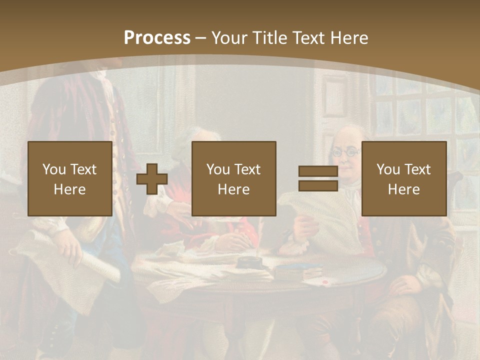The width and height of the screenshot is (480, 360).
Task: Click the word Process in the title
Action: pyautogui.click(x=157, y=38)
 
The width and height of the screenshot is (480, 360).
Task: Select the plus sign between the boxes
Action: pyautogui.click(x=152, y=179)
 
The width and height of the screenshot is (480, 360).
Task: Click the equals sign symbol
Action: pyautogui.click(x=318, y=179)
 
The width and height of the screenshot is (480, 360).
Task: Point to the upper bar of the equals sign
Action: pyautogui.click(x=318, y=171)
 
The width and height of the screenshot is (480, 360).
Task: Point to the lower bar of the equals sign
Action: pyautogui.click(x=318, y=186)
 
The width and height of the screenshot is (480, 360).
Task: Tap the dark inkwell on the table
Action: pyautogui.click(x=248, y=263)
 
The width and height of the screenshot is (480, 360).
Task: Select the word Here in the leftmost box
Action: pyautogui.click(x=69, y=189)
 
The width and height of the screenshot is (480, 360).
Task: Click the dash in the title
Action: pyautogui.click(x=201, y=38)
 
